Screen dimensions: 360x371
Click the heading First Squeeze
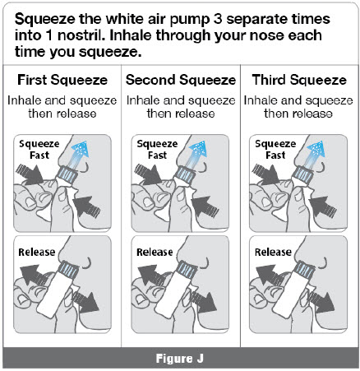[x=62, y=80]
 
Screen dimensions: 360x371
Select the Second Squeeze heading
[x=181, y=80]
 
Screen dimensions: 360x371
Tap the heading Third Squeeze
[x=299, y=80]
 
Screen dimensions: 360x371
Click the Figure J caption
[x=180, y=359]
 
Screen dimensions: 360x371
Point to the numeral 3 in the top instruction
[x=218, y=19]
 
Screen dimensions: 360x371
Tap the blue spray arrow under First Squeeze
[x=79, y=154]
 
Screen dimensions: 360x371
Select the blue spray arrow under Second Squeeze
[x=196, y=154]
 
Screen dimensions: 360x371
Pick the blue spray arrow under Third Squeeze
[x=315, y=154]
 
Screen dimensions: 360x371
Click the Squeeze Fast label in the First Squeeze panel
[x=39, y=150]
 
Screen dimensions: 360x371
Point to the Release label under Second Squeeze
[x=155, y=252]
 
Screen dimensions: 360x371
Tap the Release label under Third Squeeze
[x=273, y=252]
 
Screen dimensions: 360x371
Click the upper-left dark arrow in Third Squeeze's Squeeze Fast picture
[x=265, y=174]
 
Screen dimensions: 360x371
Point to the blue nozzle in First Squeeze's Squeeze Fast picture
[x=67, y=174]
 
